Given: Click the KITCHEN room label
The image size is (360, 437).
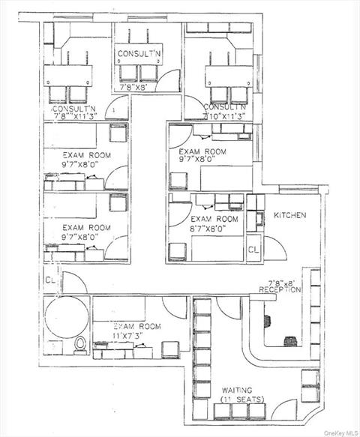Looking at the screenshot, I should point(289,215).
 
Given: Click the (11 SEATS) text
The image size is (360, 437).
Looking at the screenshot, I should point(242,399).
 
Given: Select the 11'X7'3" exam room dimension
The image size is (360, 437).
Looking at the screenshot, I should point(137,337).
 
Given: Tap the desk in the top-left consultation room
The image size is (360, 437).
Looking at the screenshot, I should point(70,76).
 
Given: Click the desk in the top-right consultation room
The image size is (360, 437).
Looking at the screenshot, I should point(227,76).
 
